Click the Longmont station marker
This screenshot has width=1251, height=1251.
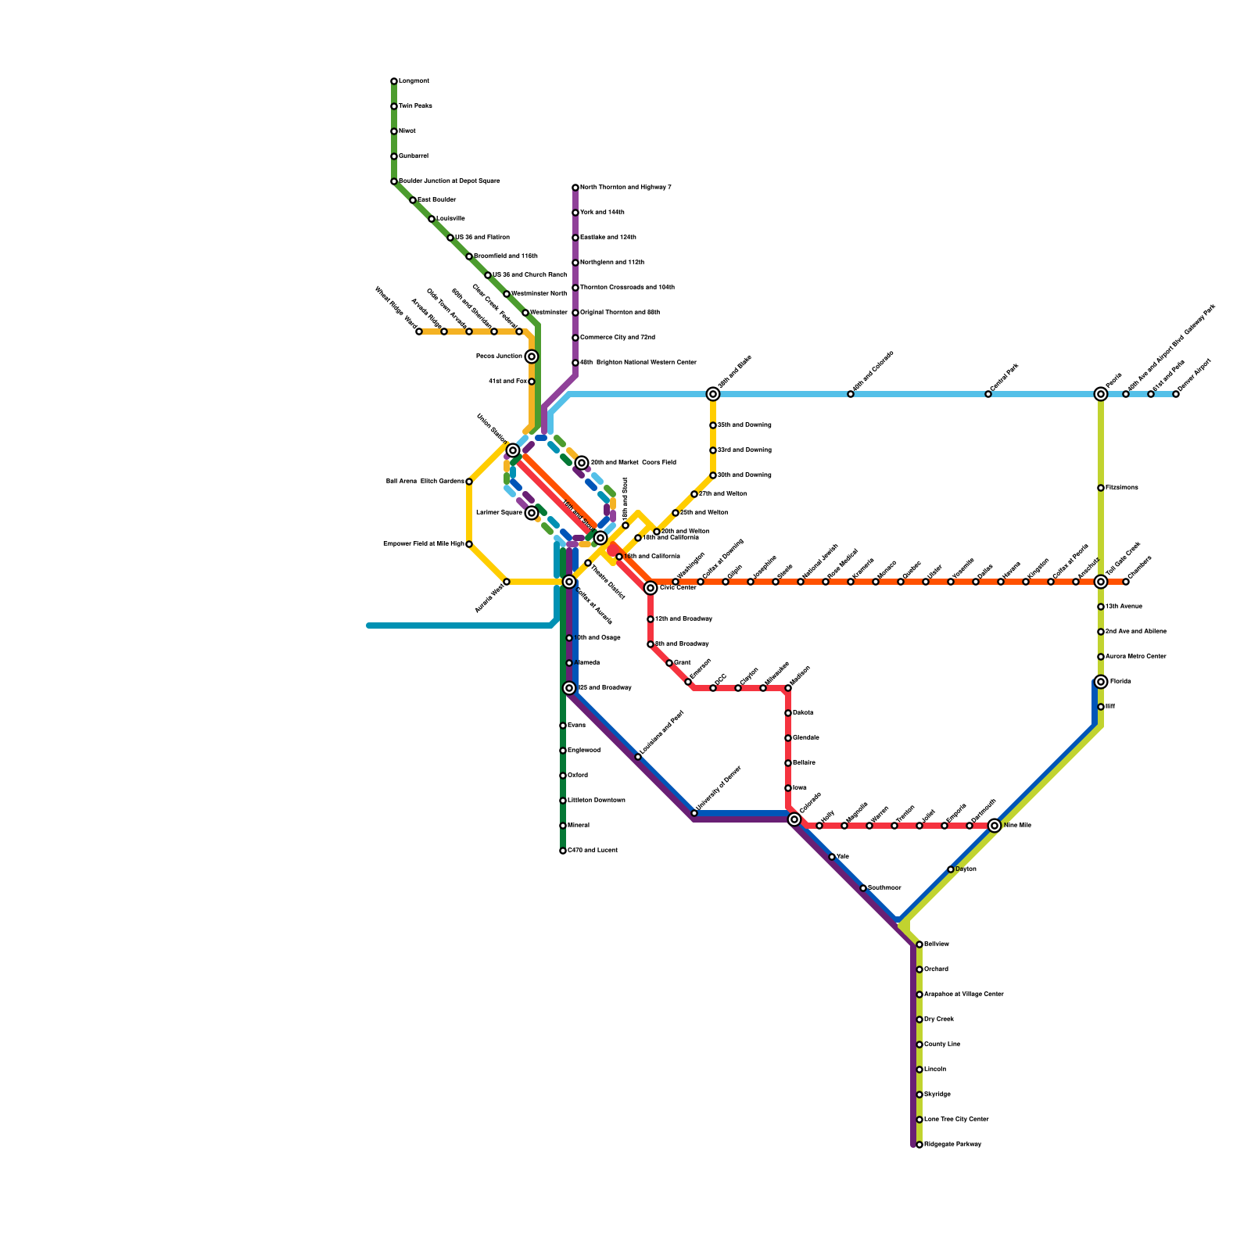click(394, 81)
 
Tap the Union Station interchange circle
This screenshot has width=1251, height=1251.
click(513, 450)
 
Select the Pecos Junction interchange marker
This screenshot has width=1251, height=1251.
click(532, 357)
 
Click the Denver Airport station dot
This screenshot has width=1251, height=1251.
click(1176, 394)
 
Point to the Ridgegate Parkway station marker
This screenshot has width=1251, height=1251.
click(919, 1145)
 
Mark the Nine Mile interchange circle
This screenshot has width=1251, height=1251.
click(995, 826)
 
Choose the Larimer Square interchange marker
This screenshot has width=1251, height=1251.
click(532, 513)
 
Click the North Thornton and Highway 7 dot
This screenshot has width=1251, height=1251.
click(575, 188)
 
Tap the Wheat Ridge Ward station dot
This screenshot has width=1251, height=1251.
click(419, 332)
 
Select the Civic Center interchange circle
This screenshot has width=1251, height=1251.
click(651, 588)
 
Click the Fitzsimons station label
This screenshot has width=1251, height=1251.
click(1122, 488)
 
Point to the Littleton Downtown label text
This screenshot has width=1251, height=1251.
click(596, 801)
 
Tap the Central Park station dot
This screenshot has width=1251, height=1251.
click(988, 394)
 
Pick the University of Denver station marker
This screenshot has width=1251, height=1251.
click(694, 813)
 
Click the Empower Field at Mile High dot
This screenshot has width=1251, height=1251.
click(469, 544)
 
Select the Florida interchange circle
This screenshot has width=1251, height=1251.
click(1101, 682)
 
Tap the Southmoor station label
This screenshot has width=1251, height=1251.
click(884, 888)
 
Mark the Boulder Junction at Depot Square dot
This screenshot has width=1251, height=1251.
click(394, 181)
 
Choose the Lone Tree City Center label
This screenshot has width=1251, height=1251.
click(956, 1120)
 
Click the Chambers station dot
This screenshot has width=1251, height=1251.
click(1126, 582)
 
